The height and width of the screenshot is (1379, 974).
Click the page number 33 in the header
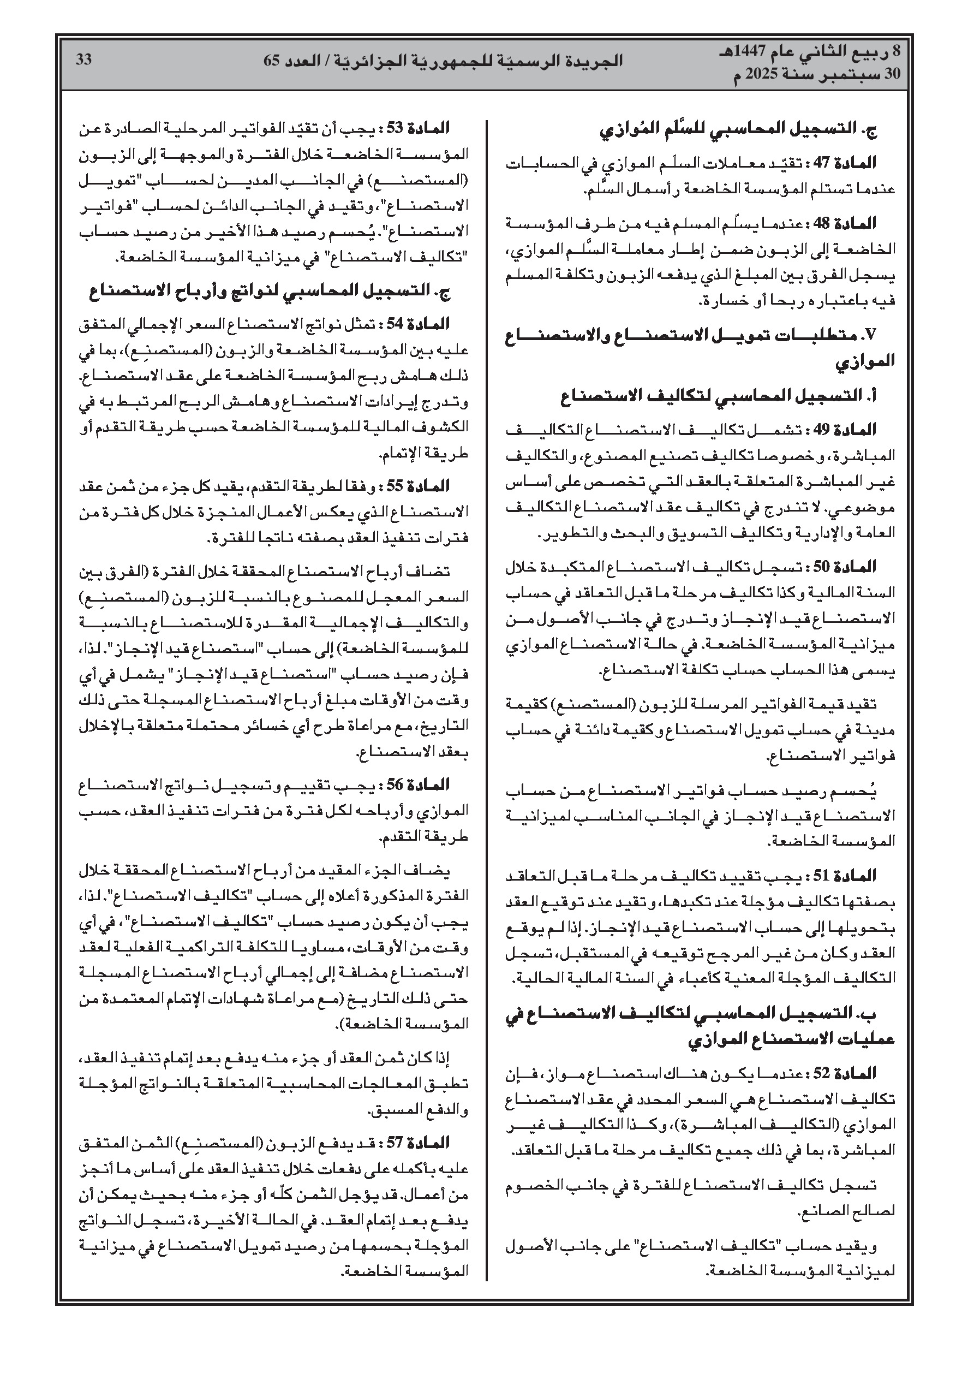pos(83,60)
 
